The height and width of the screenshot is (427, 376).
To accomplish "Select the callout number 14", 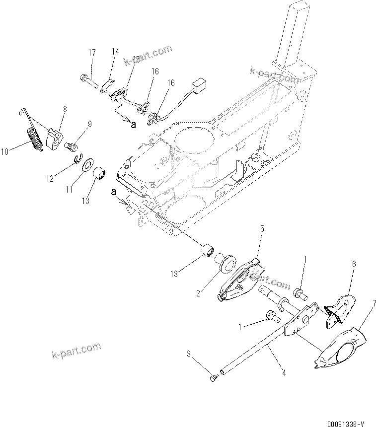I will coord(115,52).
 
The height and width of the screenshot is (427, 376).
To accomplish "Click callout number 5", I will coord(261,229).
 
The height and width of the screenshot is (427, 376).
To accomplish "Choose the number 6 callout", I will coord(354,264).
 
